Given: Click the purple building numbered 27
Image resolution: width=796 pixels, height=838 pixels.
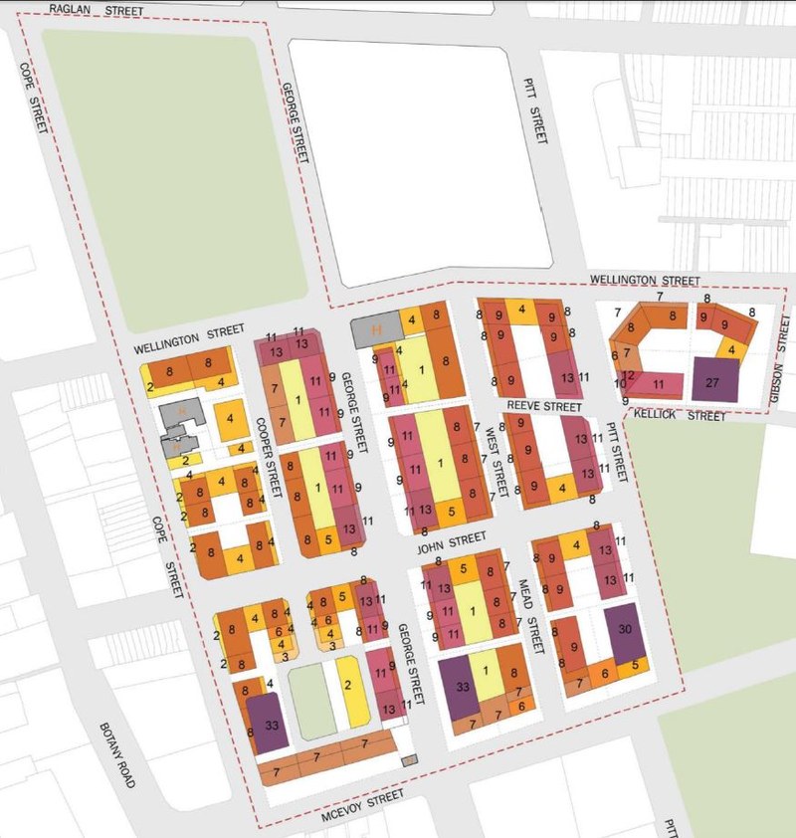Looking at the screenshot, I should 715,380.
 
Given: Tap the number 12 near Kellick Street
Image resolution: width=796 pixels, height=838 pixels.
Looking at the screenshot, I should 628,375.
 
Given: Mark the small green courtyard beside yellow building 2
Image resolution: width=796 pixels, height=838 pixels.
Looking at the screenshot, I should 311,703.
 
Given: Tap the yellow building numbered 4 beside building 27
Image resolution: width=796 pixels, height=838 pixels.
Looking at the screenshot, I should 731,349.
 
